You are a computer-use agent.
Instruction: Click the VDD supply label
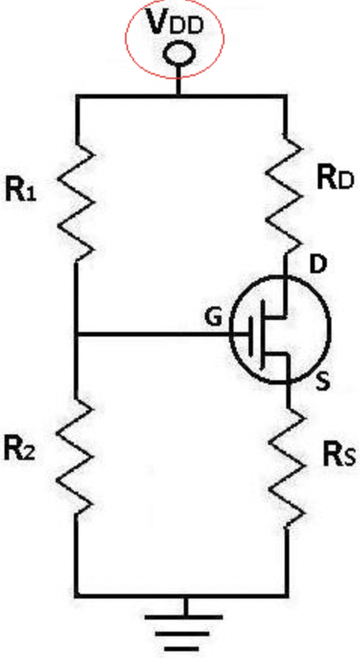(176, 23)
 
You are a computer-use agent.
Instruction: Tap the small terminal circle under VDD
(179, 54)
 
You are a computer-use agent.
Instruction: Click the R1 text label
(20, 190)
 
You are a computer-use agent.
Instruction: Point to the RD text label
(335, 178)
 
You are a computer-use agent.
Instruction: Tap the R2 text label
(20, 448)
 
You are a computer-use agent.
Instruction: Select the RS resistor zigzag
(287, 467)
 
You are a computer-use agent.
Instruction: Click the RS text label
(339, 455)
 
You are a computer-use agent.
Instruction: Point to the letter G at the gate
(213, 318)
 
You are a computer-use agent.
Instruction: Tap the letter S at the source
(322, 382)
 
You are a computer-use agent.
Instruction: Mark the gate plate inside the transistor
(252, 334)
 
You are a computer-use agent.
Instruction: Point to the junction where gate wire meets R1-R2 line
(76, 334)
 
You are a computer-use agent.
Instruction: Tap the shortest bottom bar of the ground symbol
(183, 649)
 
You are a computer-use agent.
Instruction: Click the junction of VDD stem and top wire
(178, 96)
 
